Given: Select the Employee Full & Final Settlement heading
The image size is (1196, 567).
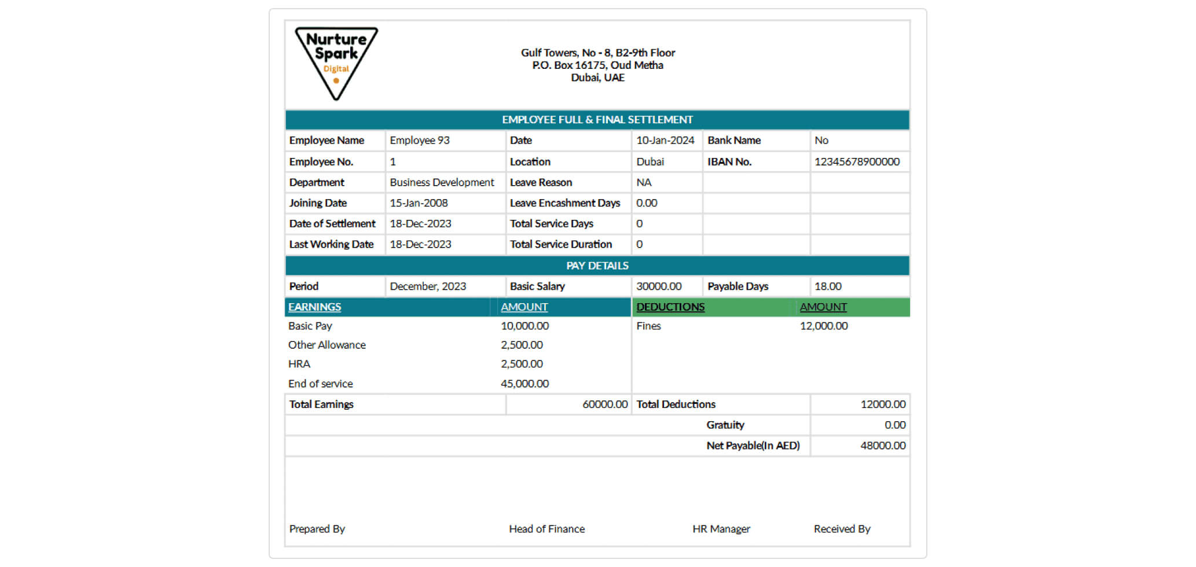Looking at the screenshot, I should click(597, 120).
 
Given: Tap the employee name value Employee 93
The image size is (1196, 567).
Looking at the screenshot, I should click(419, 141).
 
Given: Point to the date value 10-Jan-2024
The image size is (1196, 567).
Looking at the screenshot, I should click(665, 141).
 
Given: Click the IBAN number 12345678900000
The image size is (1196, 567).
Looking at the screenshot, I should click(857, 162).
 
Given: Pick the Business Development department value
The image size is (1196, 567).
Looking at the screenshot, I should click(442, 183).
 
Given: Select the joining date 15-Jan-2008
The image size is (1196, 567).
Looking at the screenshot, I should click(419, 203).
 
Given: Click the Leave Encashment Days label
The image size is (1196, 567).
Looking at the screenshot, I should click(564, 203).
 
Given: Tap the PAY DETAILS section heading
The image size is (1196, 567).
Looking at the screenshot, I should click(597, 266).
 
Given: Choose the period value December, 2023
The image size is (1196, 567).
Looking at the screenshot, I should click(428, 286).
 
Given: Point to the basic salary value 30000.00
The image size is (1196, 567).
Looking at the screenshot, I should click(659, 286).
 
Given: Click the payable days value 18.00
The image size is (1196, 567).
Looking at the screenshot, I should click(828, 286).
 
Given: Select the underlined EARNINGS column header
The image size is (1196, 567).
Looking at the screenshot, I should click(314, 307).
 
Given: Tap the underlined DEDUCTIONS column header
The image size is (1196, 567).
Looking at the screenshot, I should click(670, 307).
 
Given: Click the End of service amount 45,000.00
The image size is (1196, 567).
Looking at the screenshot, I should click(524, 384).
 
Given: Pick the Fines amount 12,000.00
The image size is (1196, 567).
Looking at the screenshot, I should click(823, 326).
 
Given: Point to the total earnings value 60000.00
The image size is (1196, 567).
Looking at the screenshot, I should click(604, 404).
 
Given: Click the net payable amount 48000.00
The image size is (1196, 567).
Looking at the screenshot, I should click(882, 446).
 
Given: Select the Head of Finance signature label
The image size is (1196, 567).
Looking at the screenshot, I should click(546, 529).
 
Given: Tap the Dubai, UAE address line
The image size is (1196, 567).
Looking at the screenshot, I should click(597, 78).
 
